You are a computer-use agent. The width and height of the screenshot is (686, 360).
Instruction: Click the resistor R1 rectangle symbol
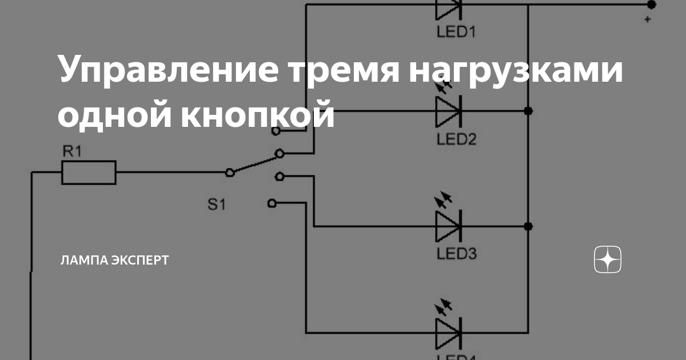click(89, 172)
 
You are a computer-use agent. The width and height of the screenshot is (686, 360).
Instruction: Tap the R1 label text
click(72, 152)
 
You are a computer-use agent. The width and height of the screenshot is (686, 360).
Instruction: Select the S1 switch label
click(216, 204)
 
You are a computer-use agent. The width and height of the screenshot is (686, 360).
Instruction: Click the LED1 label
click(456, 31)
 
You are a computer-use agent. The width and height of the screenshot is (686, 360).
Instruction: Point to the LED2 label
click(456, 139)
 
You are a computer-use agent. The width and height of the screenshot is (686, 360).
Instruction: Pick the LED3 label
click(456, 253)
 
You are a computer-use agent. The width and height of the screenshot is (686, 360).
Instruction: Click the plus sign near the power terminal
click(647, 20)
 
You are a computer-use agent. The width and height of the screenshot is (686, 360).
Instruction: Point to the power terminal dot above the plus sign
click(651, 5)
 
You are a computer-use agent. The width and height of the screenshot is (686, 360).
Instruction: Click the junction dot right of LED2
click(528, 111)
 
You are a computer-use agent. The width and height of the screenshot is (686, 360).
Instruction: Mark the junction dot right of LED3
click(528, 226)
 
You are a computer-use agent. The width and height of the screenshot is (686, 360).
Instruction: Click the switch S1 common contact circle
click(230, 172)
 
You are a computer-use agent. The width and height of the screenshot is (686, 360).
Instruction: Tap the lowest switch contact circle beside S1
click(273, 202)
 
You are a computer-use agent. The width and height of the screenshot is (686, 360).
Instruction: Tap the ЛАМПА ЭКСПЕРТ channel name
click(114, 261)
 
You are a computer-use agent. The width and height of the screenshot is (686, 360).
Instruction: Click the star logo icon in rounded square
click(608, 260)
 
